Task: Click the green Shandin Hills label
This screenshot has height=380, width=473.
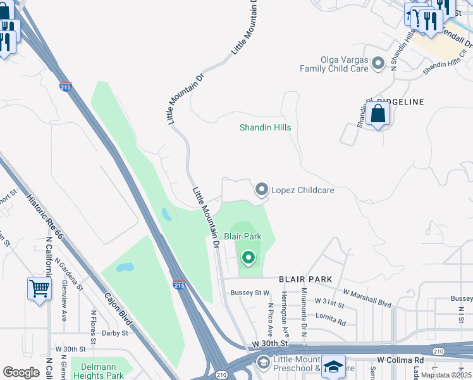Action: click(x=265, y=127)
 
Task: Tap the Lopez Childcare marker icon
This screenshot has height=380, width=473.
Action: click(x=261, y=189)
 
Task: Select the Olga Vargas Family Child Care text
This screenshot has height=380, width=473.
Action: click(x=333, y=63)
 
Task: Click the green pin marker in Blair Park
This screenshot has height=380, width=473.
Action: click(x=248, y=257)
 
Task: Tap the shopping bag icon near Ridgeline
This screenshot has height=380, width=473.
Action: click(x=378, y=114)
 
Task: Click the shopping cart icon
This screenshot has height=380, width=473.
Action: click(x=40, y=289)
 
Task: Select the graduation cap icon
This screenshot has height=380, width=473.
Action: click(x=333, y=367)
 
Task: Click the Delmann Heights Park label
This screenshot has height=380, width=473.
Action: click(x=102, y=370)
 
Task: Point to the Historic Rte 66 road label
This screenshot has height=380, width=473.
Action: click(x=46, y=216)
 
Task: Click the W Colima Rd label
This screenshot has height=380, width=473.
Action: click(x=400, y=360)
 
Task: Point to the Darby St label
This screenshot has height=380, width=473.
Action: click(x=115, y=332)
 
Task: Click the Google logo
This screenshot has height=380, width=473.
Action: click(x=21, y=372)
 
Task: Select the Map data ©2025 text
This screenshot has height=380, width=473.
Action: click(x=446, y=376)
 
